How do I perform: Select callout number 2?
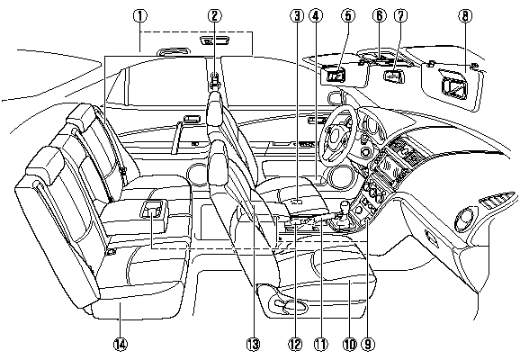tap(214, 14)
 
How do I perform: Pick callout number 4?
tap(316, 14)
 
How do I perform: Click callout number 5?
tap(348, 14)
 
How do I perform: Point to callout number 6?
tap(379, 14)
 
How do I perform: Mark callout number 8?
tap(464, 14)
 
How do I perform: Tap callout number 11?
tap(318, 343)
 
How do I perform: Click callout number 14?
tap(120, 343)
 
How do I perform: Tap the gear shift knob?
tap(343, 208)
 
